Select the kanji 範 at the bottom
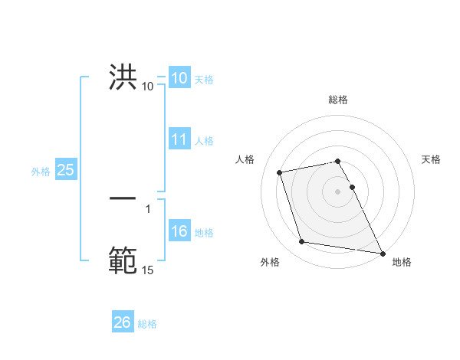click(123, 260)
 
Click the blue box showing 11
click(179, 139)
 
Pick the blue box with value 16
click(179, 232)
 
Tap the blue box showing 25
click(66, 170)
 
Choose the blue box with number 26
click(123, 323)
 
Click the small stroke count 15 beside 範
click(148, 270)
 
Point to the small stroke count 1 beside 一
click(148, 208)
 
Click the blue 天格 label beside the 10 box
click(204, 79)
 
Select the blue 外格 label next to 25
click(41, 172)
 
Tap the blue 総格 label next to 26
click(147, 324)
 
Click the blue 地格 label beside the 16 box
click(204, 233)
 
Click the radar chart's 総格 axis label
click(338, 100)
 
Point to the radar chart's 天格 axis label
click(431, 159)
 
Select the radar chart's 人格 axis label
click(245, 159)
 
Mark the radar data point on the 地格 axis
click(383, 253)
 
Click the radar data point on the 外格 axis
click(302, 242)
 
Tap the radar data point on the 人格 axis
click(280, 172)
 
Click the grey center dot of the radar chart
click(338, 191)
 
